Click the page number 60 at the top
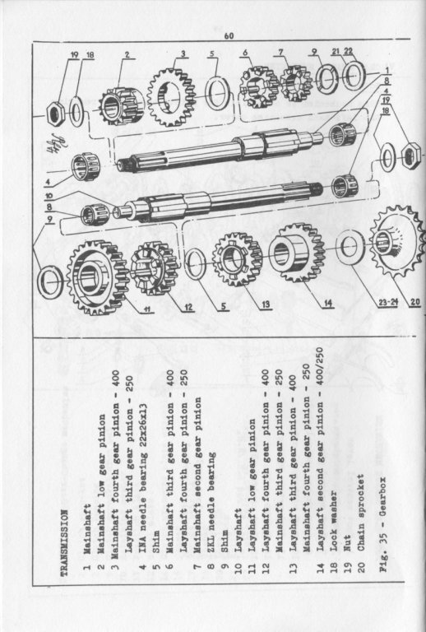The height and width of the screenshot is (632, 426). [229, 36]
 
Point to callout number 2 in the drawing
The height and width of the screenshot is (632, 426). [127, 55]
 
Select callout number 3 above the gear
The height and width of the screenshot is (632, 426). [183, 53]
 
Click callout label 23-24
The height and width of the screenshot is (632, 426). [388, 302]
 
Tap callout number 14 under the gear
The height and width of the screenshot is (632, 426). [329, 303]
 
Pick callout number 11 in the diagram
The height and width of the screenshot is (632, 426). [147, 309]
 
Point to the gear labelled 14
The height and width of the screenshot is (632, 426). [297, 253]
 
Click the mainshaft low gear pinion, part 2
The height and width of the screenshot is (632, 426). [121, 106]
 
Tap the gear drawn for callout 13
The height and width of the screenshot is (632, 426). [237, 259]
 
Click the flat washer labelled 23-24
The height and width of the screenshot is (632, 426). [350, 247]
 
